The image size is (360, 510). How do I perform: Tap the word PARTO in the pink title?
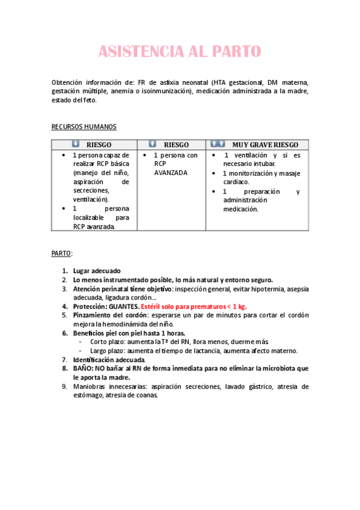tap(236, 52)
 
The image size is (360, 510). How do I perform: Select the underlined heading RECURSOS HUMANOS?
tap(84, 127)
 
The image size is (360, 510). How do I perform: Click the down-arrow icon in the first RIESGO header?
tap(75, 144)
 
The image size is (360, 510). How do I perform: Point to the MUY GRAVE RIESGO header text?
tap(265, 145)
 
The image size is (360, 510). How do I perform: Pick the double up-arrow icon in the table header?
tap(218, 144)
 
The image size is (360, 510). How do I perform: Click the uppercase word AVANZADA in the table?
tap(171, 173)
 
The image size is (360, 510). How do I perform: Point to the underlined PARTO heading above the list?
tap(61, 254)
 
